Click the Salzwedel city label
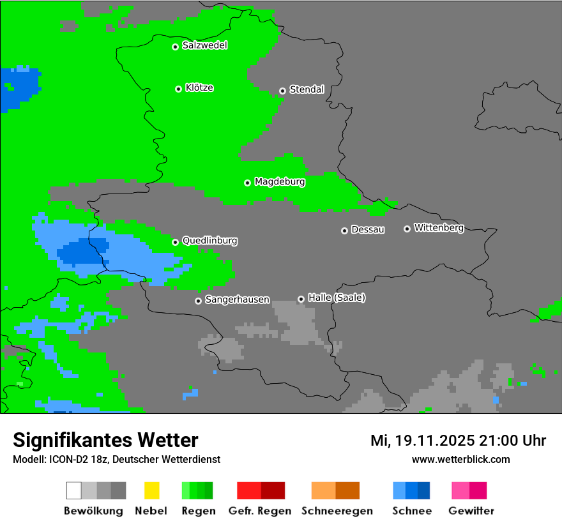204,45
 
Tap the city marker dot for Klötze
178,89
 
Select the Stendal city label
307,89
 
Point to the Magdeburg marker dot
247,183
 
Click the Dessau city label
368,229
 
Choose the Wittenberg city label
438,227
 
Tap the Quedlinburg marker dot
175,242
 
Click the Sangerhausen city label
237,299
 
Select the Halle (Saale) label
337,298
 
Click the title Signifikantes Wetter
105,440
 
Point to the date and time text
458,441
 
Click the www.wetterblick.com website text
460,459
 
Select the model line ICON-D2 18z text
116,459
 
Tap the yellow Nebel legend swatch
151,490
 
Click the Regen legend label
197,511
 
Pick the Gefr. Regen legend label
260,511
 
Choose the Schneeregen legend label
337,511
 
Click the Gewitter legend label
471,511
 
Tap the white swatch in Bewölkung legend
74,490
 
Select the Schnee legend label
412,511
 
